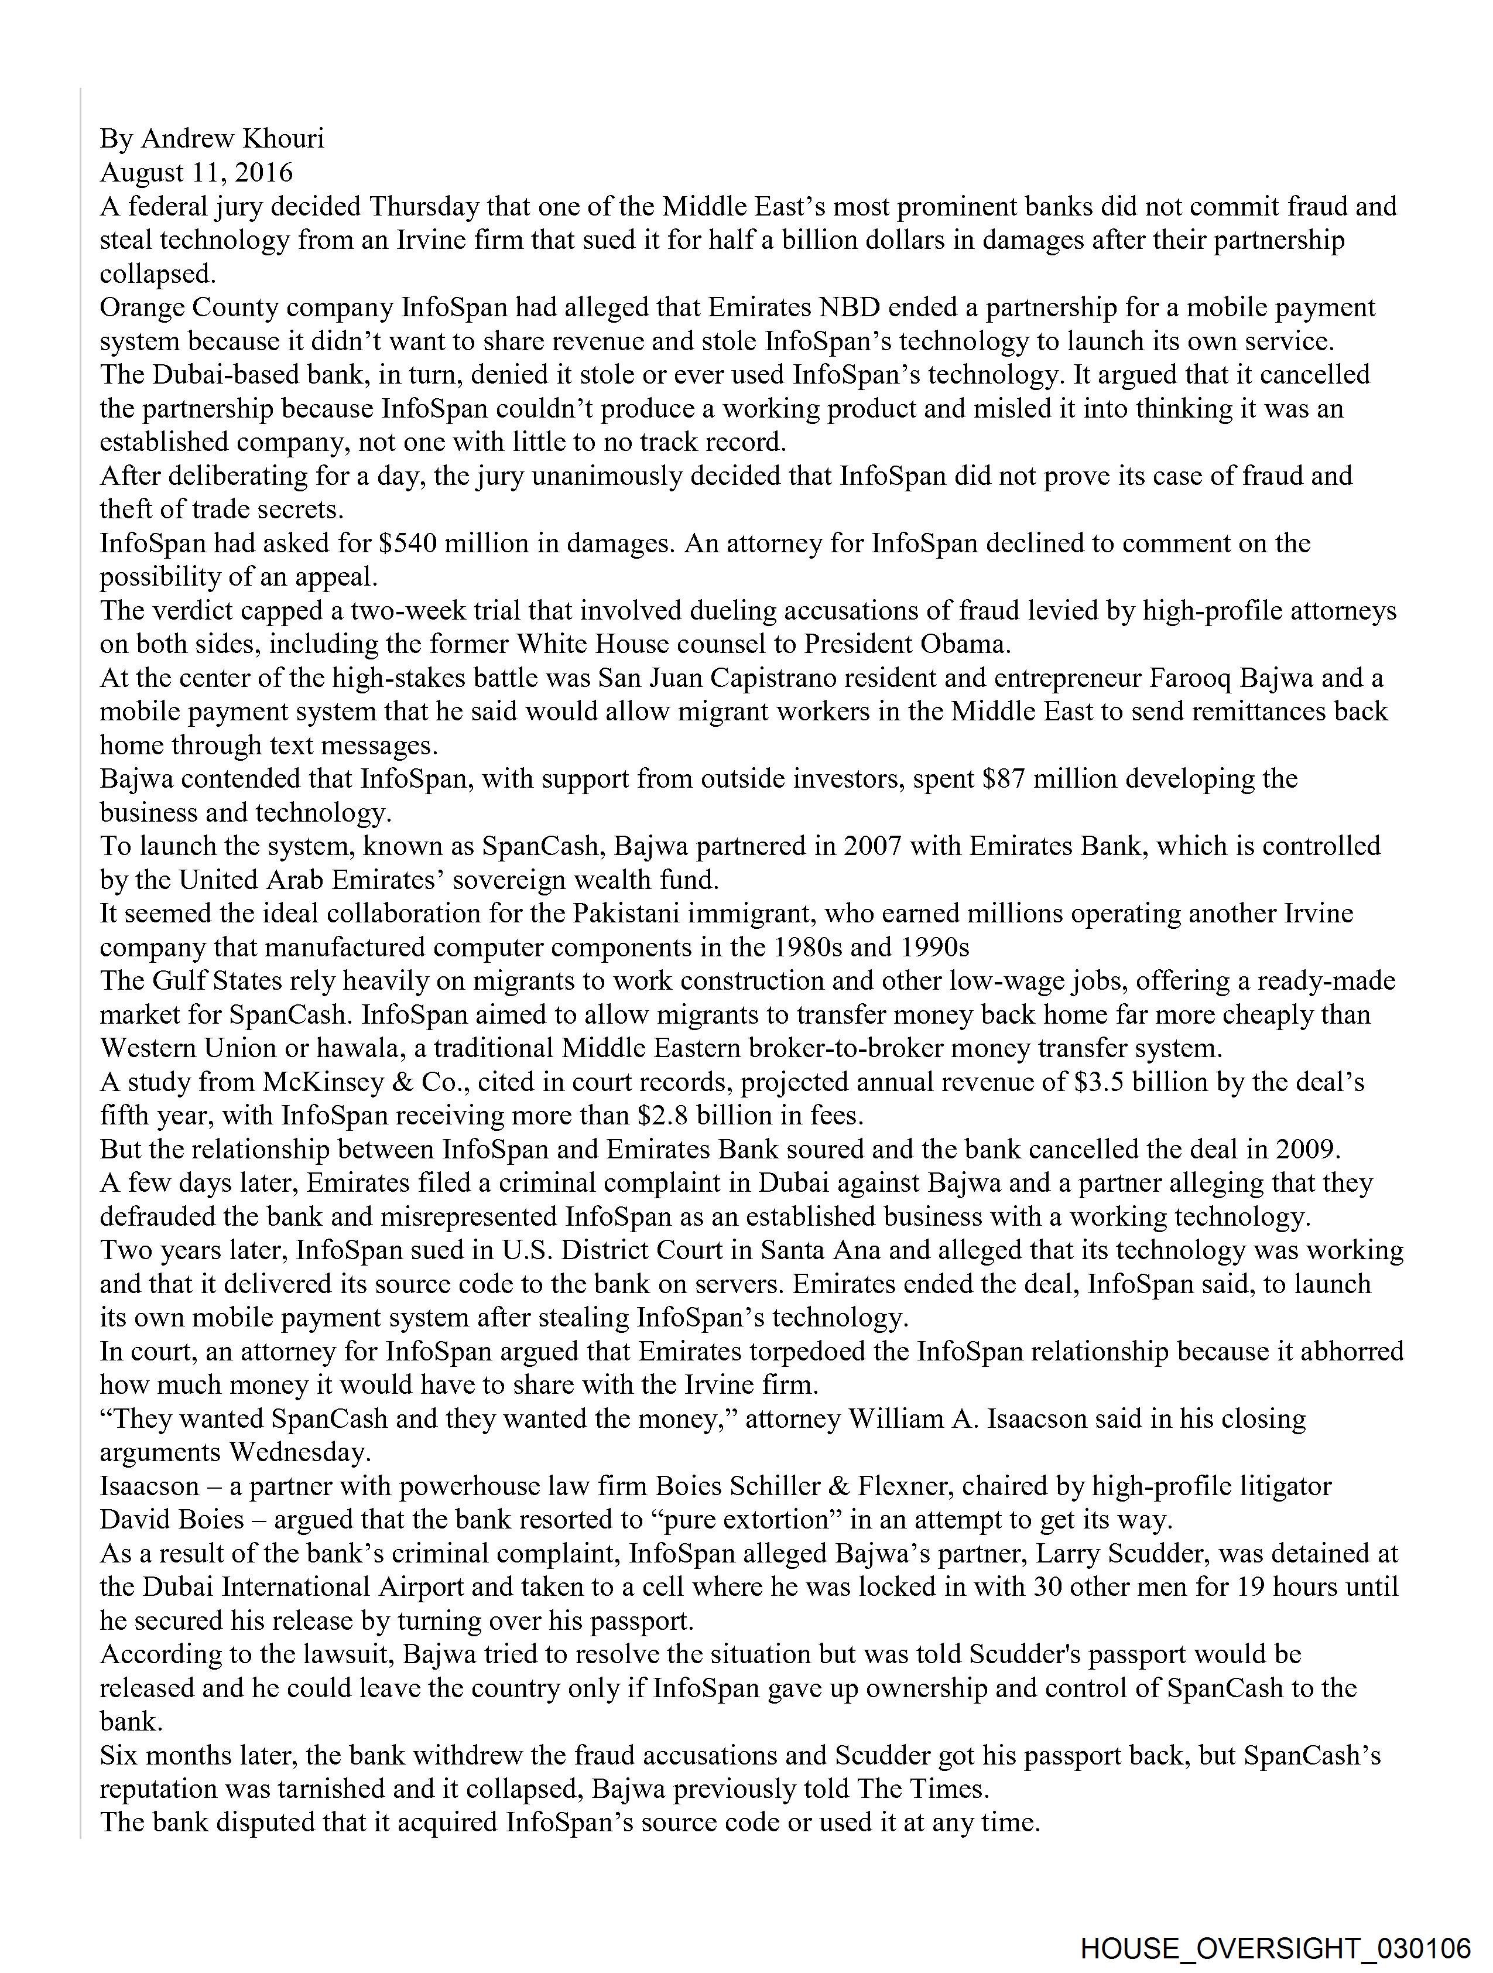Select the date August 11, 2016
point(196,172)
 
